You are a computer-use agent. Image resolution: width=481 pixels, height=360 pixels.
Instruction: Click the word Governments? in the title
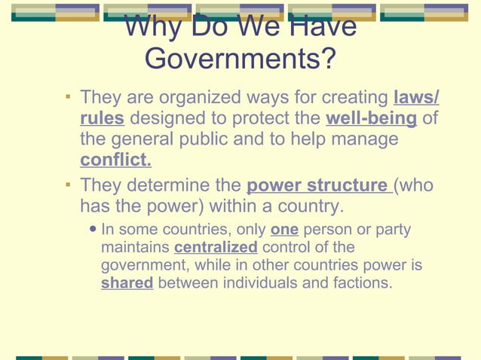(x=240, y=58)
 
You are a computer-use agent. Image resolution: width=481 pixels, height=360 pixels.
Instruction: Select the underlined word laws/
(x=417, y=98)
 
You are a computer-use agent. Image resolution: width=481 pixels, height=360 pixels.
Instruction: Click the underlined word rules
(x=102, y=119)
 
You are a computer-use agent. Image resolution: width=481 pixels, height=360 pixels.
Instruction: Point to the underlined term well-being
(x=371, y=119)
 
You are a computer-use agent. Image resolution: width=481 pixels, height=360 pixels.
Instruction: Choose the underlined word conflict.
(x=115, y=160)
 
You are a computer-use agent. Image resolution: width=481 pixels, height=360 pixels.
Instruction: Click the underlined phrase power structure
(x=317, y=185)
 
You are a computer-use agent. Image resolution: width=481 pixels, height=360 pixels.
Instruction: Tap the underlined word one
(x=284, y=230)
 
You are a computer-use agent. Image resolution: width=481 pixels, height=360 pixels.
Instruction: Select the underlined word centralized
(x=216, y=248)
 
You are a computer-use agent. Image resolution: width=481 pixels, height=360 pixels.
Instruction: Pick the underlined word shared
(x=127, y=284)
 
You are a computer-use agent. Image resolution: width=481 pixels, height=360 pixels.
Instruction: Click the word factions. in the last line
(x=356, y=284)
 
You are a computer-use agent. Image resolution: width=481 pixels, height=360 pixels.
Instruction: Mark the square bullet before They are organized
(x=68, y=97)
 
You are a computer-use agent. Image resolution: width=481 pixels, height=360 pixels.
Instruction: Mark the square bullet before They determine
(x=68, y=185)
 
